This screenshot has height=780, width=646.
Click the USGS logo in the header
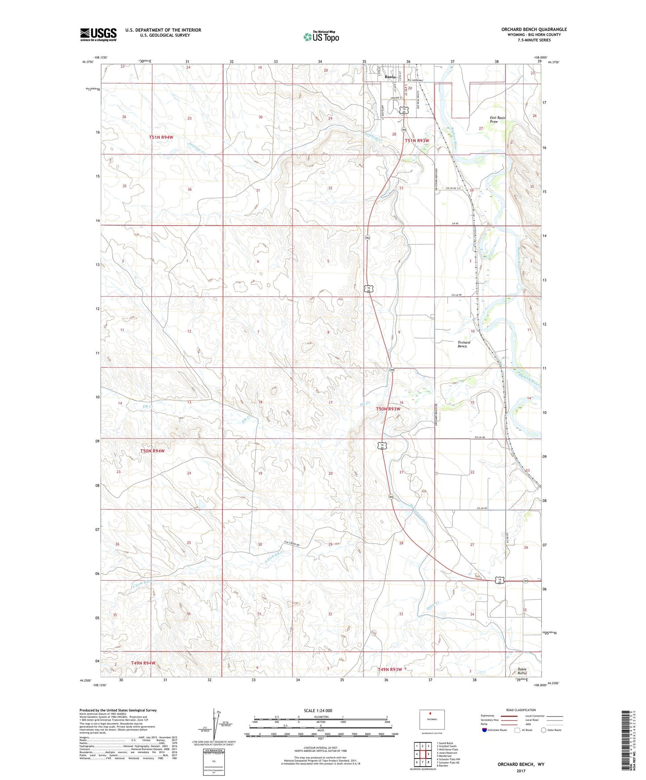coord(98,34)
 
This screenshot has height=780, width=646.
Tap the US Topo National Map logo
coord(321,36)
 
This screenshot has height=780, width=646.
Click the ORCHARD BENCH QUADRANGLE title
coord(534,29)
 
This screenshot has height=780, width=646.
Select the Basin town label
coord(390,77)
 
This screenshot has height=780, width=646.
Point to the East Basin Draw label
coord(497,120)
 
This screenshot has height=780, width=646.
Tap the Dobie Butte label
coord(522,671)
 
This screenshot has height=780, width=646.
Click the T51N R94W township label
coord(160,137)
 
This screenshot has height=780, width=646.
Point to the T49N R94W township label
coord(143,663)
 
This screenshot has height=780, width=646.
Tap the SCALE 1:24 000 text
coord(318,710)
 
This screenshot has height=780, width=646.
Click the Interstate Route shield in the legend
coord(485,730)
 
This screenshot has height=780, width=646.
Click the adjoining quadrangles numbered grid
coord(422,755)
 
